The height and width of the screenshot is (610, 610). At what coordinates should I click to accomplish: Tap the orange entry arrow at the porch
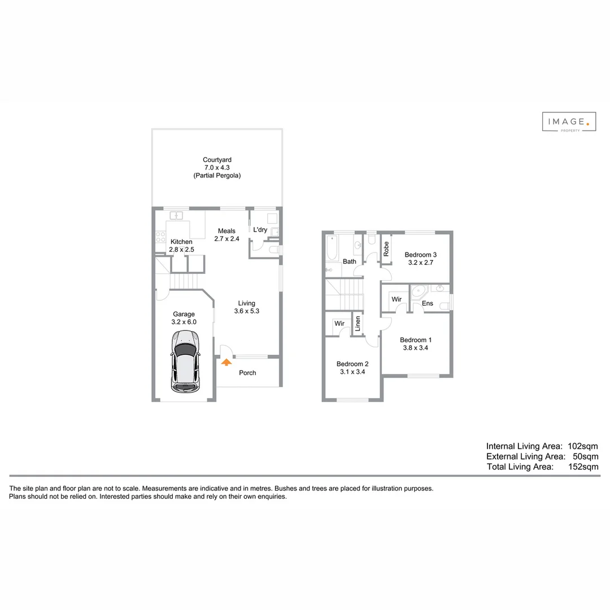226,363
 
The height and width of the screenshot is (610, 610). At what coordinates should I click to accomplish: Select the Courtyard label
217,160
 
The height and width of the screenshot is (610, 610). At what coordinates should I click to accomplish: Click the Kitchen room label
181,242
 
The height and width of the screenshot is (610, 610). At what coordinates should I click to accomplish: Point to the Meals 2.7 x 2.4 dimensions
227,239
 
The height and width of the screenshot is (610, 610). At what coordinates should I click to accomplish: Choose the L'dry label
260,230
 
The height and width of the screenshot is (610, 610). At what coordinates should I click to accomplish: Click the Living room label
247,303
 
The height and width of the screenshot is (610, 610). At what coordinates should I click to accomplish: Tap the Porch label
247,373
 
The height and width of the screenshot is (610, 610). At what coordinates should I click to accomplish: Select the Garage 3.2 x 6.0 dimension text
184,322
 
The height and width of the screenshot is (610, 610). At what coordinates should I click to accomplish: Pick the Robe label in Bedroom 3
386,249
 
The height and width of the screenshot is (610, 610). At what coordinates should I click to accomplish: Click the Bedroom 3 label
421,255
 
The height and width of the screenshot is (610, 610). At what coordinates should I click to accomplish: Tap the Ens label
428,304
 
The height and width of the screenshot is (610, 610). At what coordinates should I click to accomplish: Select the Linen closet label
358,324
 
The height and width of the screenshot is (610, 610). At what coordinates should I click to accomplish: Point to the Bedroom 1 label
416,340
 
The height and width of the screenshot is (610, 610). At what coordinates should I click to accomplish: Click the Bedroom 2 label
352,364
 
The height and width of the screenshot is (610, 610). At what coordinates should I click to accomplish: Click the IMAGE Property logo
569,121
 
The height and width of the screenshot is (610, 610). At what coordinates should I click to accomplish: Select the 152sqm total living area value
583,467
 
